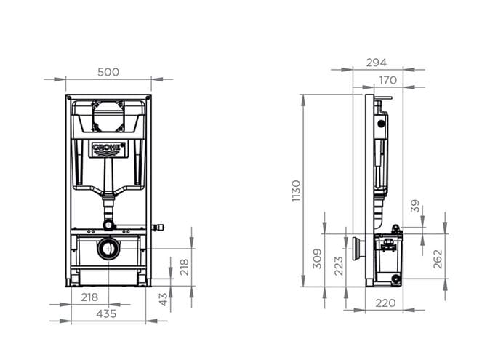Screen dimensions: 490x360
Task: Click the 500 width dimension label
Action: pos(108,72)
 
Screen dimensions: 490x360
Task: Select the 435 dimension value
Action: pos(106,313)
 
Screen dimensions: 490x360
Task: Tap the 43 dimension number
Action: pos(163,300)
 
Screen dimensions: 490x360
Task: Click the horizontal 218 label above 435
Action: pos(89,297)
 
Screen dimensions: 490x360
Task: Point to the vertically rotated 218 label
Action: pos(184,267)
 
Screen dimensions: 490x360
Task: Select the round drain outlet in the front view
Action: pos(108,249)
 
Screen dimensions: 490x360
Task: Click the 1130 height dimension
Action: pos(296,191)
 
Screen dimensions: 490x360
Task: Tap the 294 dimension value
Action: pos(377,63)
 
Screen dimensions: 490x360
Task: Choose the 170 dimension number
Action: pos(388,80)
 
